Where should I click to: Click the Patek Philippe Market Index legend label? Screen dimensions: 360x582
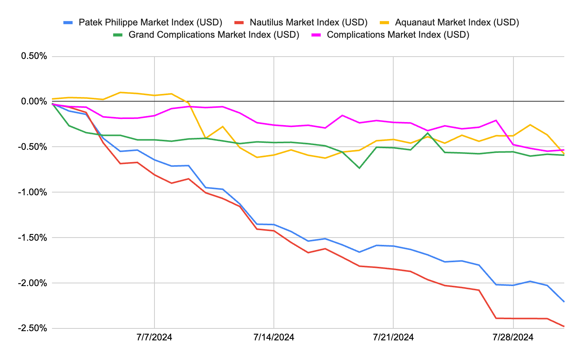pos(150,22)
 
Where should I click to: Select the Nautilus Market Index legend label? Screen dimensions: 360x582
pos(309,22)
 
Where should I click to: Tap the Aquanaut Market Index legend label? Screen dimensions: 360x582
pos(457,22)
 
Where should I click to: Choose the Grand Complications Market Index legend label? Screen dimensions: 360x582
pos(214,35)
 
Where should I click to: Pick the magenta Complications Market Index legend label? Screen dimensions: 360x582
pos(398,35)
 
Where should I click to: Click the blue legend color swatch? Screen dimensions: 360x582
pos(68,22)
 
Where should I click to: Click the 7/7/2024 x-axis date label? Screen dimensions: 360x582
pos(154,337)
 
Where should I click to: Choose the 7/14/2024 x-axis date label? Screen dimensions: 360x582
pos(274,337)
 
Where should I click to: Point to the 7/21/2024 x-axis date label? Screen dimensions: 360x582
pos(393,337)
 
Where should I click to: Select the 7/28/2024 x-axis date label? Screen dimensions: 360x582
pos(513,337)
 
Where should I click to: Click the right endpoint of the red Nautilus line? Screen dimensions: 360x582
pos(564,327)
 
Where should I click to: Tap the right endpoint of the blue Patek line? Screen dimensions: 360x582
pos(564,301)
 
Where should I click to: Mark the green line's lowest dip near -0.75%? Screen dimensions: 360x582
pos(359,168)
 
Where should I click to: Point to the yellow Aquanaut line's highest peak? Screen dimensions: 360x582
pos(121,92)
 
